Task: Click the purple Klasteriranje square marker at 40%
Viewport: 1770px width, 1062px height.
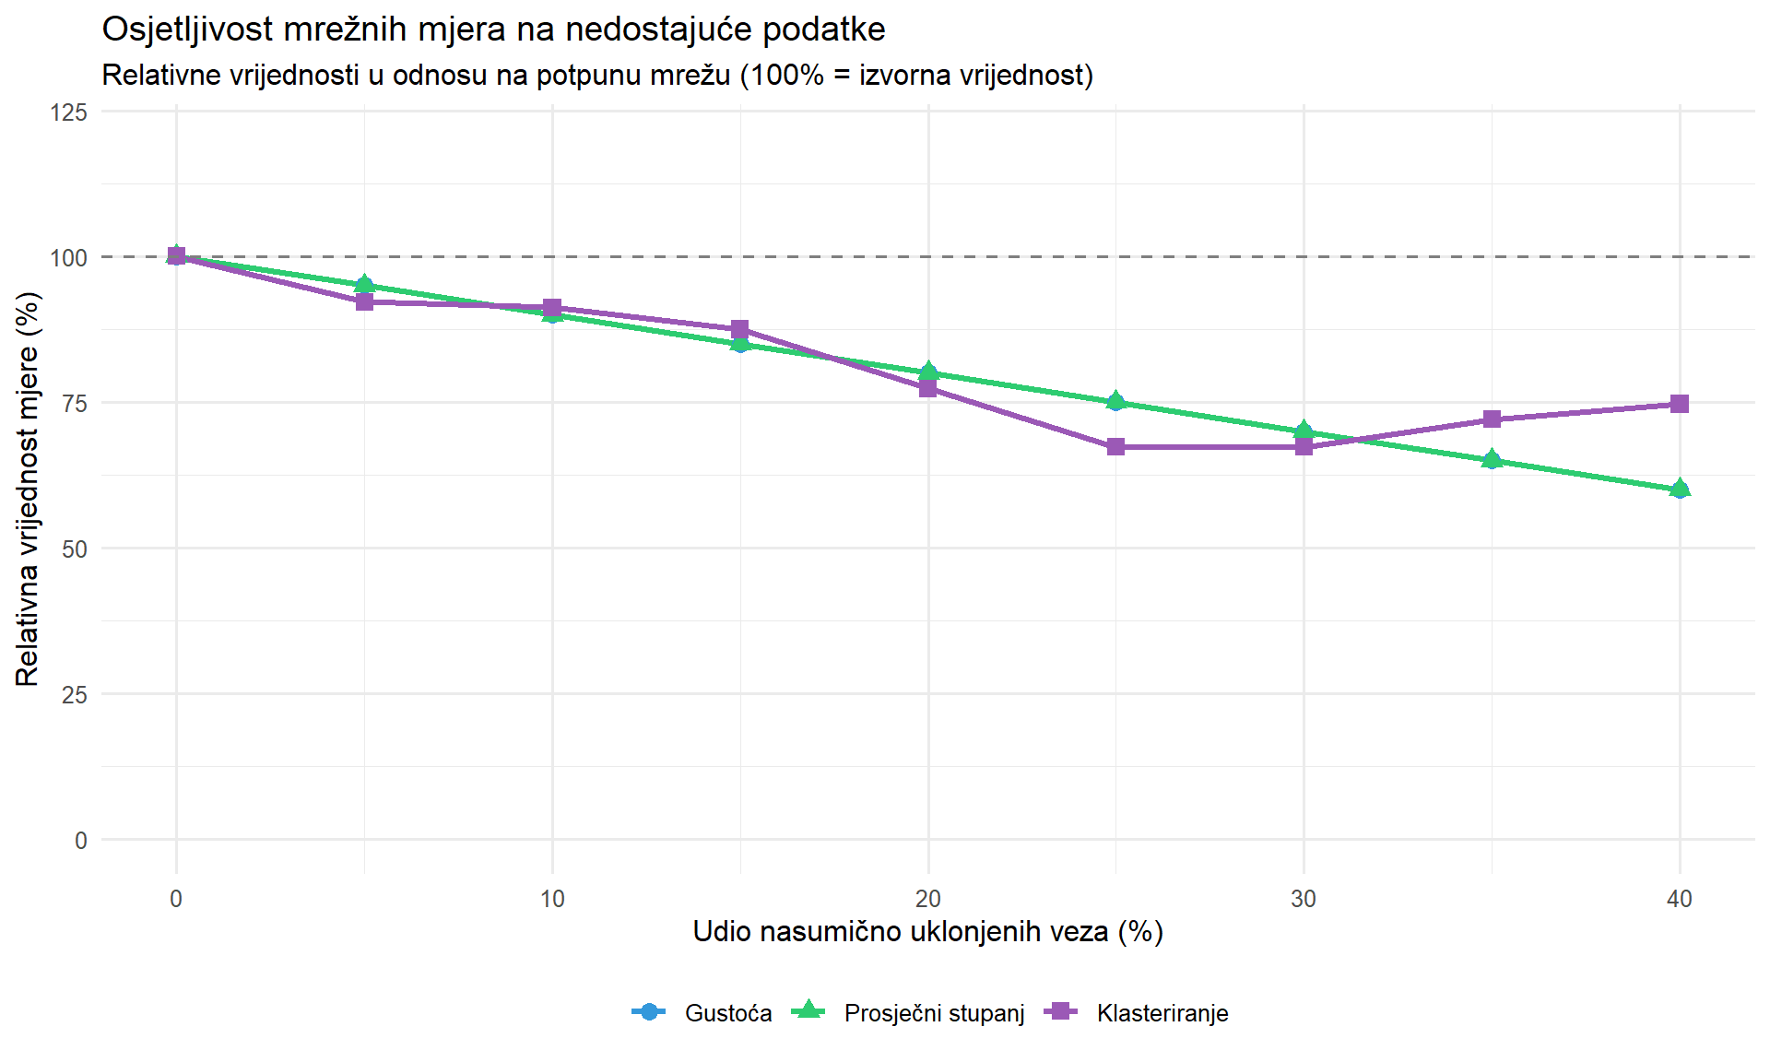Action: [x=1680, y=404]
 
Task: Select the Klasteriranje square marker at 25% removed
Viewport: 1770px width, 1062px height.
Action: [x=1115, y=447]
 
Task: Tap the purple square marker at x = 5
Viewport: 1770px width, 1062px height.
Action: [x=364, y=301]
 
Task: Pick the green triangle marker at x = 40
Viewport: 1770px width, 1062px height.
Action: [x=1680, y=488]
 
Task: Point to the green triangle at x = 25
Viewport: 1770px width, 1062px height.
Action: [x=1115, y=400]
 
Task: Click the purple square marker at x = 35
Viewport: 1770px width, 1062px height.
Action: [x=1492, y=419]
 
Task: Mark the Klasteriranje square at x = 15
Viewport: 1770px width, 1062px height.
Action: [x=739, y=329]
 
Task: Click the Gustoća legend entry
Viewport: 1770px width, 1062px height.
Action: [x=727, y=1013]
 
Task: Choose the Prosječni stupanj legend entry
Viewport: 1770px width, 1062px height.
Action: [x=933, y=1013]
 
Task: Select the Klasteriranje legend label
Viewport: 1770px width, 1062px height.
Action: [x=1162, y=1013]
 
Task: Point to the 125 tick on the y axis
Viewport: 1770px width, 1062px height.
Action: [x=69, y=112]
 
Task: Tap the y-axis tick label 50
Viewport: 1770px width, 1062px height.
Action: [x=75, y=549]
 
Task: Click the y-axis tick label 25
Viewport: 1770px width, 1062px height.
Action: [x=75, y=695]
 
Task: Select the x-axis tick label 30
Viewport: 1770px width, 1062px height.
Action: [x=1304, y=899]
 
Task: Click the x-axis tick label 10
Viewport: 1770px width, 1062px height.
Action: [x=552, y=899]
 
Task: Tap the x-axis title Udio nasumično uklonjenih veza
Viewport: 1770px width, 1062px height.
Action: [x=927, y=932]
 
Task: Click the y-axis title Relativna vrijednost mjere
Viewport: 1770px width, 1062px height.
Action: [x=28, y=489]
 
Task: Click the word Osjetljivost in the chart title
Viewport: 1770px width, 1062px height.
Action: [x=187, y=29]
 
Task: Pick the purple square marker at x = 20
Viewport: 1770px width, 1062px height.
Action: [x=927, y=388]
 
